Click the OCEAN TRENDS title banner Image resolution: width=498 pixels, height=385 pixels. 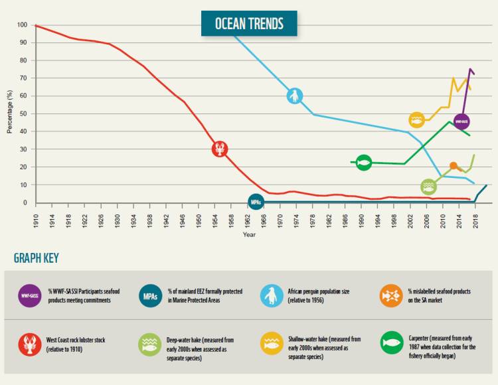249,24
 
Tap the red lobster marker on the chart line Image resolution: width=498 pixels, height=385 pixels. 220,149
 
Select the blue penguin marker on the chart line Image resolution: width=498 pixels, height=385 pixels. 295,96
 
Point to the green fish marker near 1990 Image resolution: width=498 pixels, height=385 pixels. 363,162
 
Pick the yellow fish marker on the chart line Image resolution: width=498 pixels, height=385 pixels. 416,120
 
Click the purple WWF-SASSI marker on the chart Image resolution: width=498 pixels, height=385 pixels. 461,121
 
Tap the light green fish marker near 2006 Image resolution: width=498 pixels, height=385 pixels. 428,187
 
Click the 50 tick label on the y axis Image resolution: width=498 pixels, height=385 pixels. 23,114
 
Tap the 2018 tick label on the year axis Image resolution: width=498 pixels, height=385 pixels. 475,216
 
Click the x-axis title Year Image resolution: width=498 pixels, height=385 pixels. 249,234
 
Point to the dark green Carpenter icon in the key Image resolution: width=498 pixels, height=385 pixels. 392,343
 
